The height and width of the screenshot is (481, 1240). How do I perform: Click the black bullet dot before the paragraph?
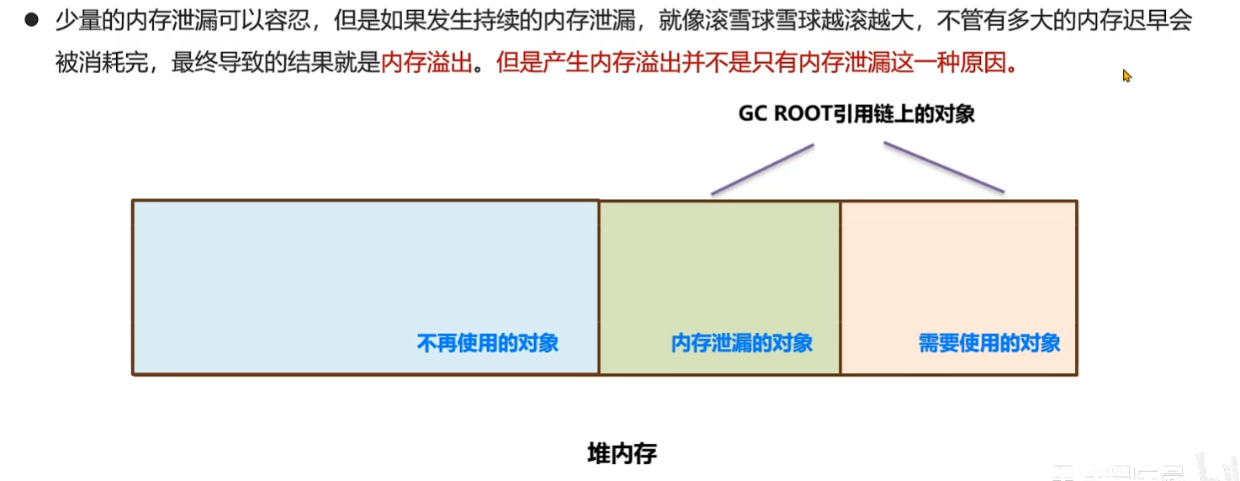point(32,20)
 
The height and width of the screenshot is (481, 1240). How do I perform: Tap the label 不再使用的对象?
point(487,343)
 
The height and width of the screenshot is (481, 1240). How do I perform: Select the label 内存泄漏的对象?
point(741,343)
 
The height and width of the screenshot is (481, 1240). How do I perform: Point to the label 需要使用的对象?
point(988,343)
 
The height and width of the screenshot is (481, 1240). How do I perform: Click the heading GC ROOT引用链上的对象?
point(856,114)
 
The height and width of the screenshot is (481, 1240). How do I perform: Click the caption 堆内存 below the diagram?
point(621,454)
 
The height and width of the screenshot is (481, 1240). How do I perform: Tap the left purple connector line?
point(762,169)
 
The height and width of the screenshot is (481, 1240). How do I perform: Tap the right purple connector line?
point(943,166)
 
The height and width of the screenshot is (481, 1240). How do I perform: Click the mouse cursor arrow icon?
point(1126,76)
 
